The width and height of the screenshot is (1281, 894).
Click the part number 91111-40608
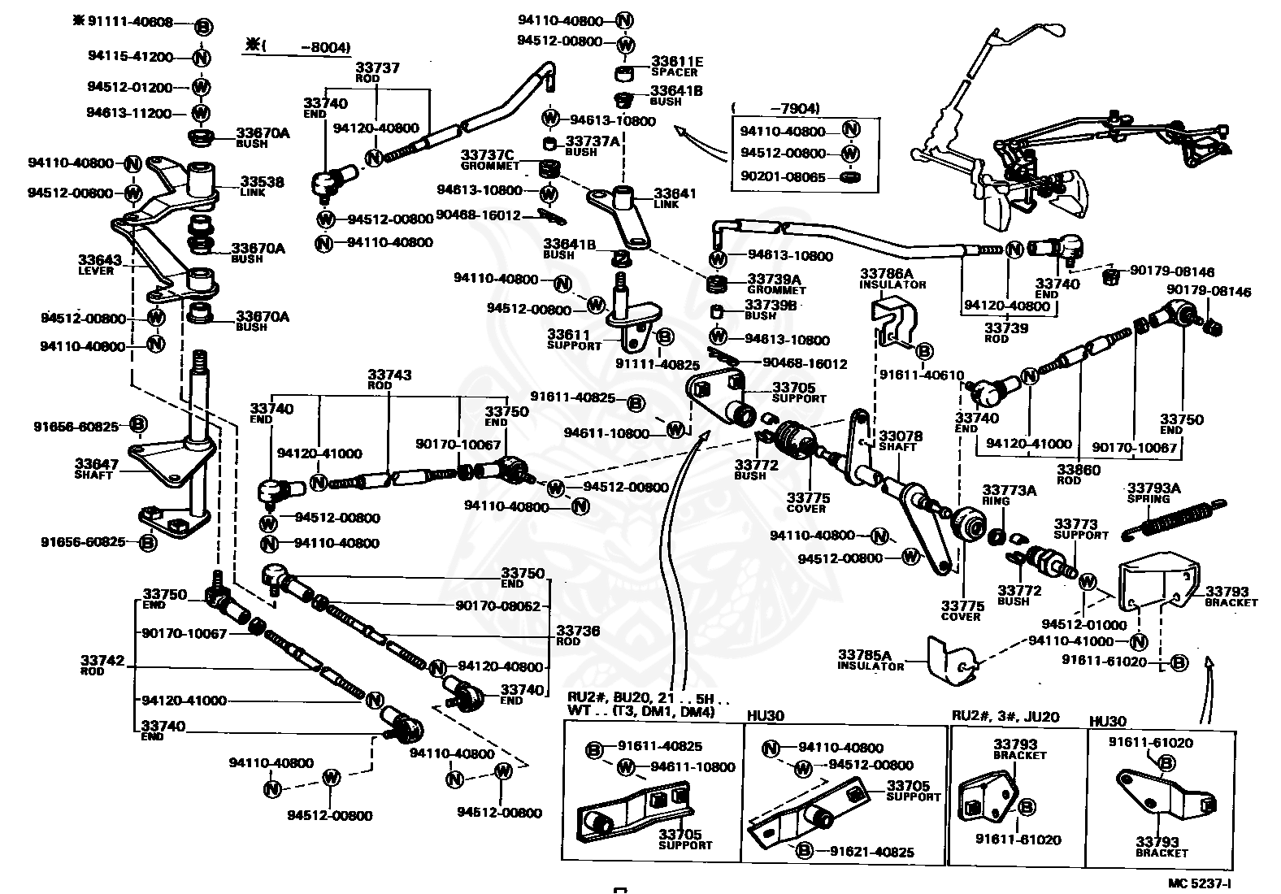click(130, 22)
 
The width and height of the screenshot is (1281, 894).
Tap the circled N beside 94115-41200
click(201, 57)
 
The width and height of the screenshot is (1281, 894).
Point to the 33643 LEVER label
click(100, 265)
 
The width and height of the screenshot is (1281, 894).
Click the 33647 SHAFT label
click(96, 468)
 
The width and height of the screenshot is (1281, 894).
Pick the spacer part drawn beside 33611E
click(626, 74)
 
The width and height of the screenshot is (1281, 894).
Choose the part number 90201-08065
click(783, 176)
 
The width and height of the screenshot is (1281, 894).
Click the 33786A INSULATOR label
click(892, 279)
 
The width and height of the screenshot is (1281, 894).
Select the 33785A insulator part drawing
click(952, 662)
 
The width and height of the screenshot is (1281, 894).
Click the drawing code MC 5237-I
click(1199, 883)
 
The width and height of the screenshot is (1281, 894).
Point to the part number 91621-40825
click(872, 852)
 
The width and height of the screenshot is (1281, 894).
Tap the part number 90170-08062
click(497, 605)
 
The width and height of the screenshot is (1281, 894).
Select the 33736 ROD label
click(578, 635)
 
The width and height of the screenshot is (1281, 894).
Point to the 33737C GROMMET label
click(489, 160)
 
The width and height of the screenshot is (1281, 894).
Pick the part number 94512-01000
click(1083, 625)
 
